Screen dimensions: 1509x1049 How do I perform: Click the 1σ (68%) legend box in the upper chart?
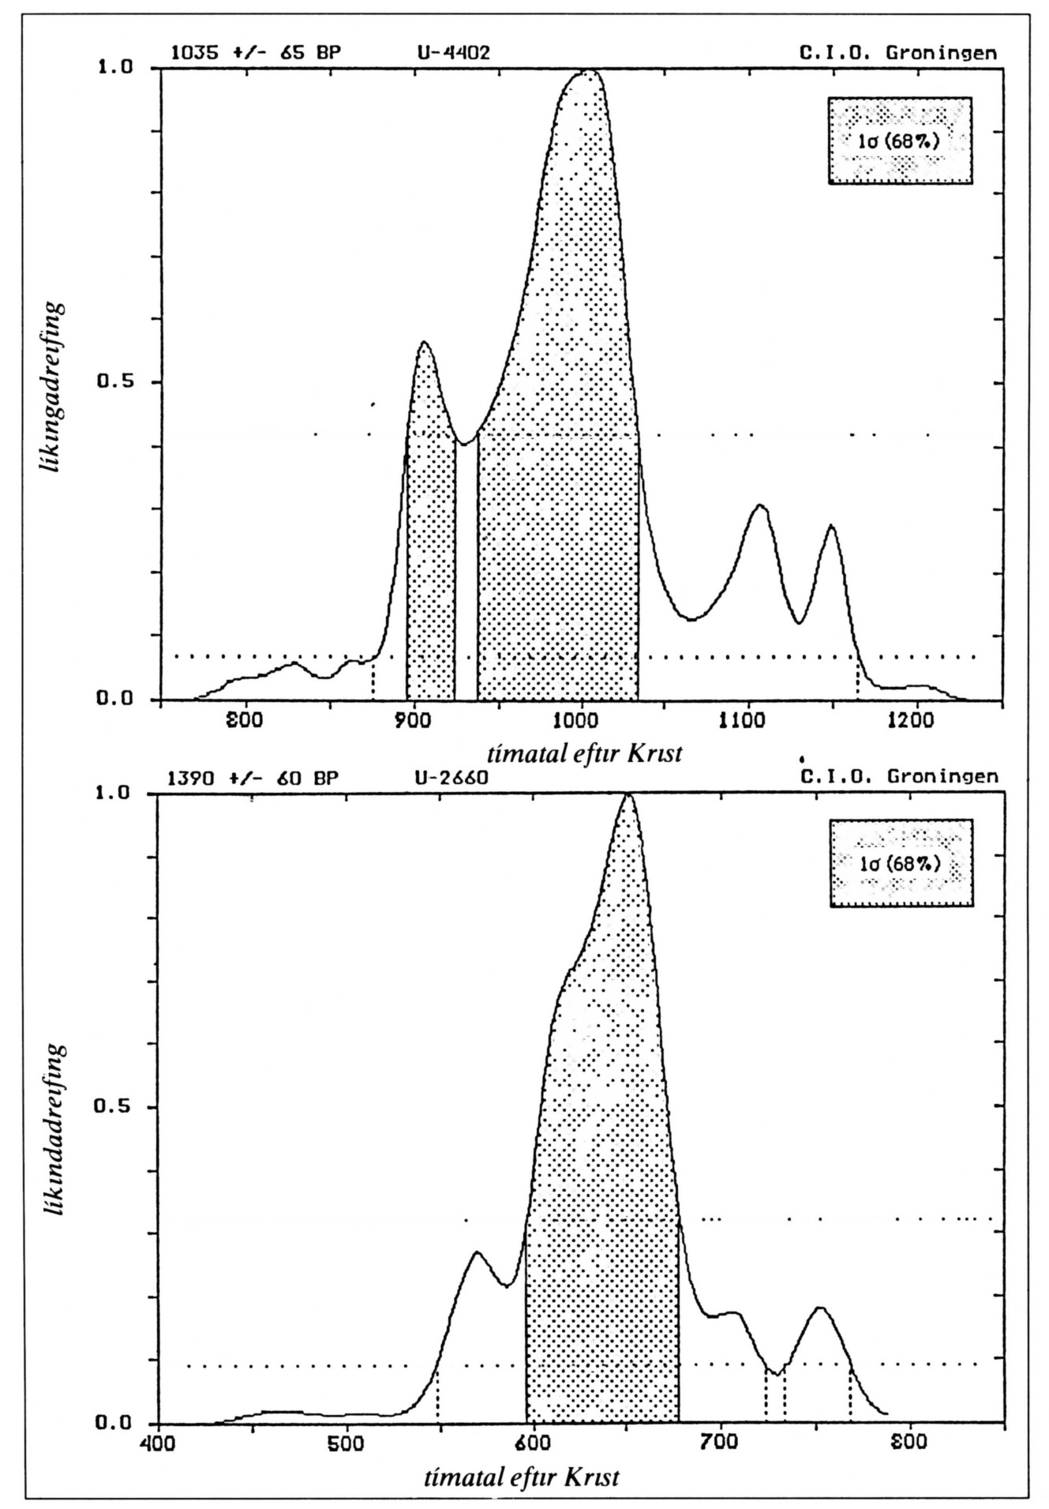900,141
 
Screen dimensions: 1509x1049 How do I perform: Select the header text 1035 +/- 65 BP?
256,53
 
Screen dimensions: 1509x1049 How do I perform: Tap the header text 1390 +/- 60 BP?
253,778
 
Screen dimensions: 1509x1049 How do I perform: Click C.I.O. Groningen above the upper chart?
898,53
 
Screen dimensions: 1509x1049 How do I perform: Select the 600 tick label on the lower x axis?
534,1444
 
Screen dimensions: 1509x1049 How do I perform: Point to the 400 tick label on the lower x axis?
159,1444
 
